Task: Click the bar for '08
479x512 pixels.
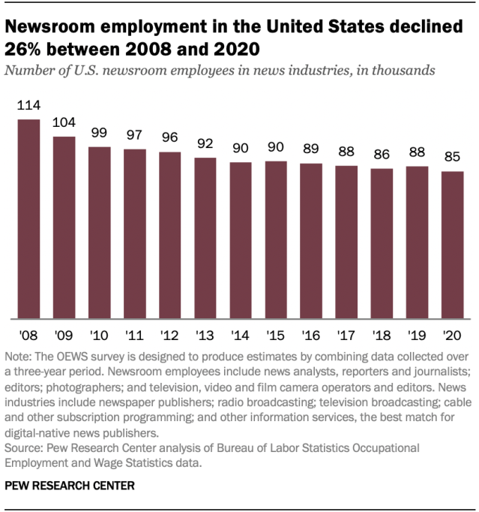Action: [28, 218]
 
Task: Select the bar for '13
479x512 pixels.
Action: [205, 238]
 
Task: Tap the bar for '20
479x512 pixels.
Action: [452, 245]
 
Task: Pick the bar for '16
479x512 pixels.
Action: [310, 241]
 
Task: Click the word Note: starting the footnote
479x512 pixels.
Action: [20, 356]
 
